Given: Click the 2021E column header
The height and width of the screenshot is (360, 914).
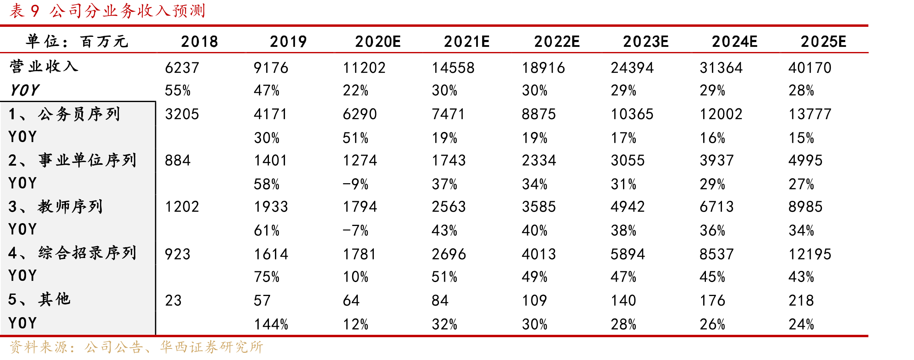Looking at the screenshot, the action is click(467, 42).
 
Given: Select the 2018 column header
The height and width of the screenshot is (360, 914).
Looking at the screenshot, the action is click(199, 42).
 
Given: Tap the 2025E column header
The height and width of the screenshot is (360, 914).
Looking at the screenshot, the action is click(824, 42).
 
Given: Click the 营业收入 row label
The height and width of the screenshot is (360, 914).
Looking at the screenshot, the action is click(44, 66).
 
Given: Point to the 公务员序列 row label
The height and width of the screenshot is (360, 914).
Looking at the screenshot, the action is click(79, 114).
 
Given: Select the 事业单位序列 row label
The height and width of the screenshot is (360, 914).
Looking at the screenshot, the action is click(88, 160).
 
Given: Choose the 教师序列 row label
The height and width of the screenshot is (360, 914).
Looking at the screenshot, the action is click(70, 206).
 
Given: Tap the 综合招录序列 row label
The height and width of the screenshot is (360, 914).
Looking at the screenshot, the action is click(88, 253).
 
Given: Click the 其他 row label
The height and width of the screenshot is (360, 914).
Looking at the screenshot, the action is click(54, 299).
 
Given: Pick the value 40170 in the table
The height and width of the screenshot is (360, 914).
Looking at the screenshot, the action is click(810, 68).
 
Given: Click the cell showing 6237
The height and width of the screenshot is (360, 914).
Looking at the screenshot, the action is click(182, 68).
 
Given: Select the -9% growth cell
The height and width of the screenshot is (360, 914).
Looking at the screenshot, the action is click(355, 184).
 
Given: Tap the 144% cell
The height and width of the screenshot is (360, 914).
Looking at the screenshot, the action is click(271, 324).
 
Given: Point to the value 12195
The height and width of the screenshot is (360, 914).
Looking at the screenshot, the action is click(810, 254).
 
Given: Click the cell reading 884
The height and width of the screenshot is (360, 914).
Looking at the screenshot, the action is click(178, 161).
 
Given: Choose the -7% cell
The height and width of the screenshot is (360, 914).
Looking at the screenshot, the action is click(355, 230).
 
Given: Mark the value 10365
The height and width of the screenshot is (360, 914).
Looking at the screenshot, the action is click(632, 114).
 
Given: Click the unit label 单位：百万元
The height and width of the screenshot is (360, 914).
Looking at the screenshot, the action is click(77, 41).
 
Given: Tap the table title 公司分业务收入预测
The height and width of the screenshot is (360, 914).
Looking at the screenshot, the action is click(128, 11).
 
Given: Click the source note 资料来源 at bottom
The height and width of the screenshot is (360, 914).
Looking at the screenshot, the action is click(136, 347).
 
